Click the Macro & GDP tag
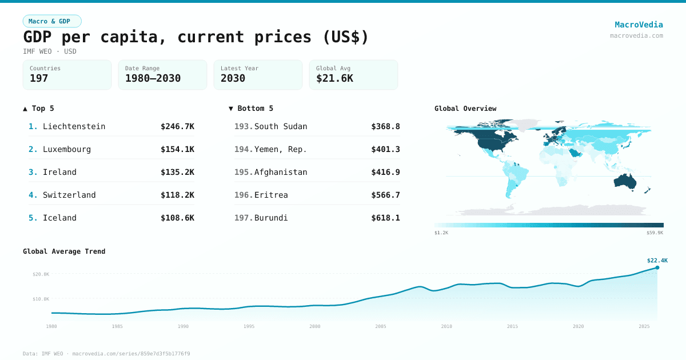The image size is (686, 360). [x=52, y=21]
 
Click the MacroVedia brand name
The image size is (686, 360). [x=639, y=25]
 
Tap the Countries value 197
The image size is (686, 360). [x=39, y=78]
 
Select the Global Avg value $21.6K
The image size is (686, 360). [x=334, y=78]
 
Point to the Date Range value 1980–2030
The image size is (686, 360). [x=153, y=78]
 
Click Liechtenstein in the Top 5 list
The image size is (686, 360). [x=74, y=126]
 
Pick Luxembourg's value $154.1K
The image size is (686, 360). [x=177, y=149]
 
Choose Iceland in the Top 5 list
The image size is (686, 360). [x=59, y=218]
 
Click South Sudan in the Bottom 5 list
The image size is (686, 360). [x=281, y=126]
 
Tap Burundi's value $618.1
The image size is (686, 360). [x=385, y=218]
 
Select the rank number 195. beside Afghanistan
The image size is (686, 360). [x=243, y=172]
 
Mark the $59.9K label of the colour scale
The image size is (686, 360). [x=655, y=233]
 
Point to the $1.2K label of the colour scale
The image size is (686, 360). [x=441, y=233]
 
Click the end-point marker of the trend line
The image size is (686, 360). [x=657, y=267]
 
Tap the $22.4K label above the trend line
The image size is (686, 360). [x=657, y=260]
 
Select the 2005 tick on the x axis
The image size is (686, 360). [x=380, y=326]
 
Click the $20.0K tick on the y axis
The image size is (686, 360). [x=41, y=274]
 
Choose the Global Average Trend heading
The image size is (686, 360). [x=64, y=251]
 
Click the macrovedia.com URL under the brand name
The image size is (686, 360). [x=636, y=35]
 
